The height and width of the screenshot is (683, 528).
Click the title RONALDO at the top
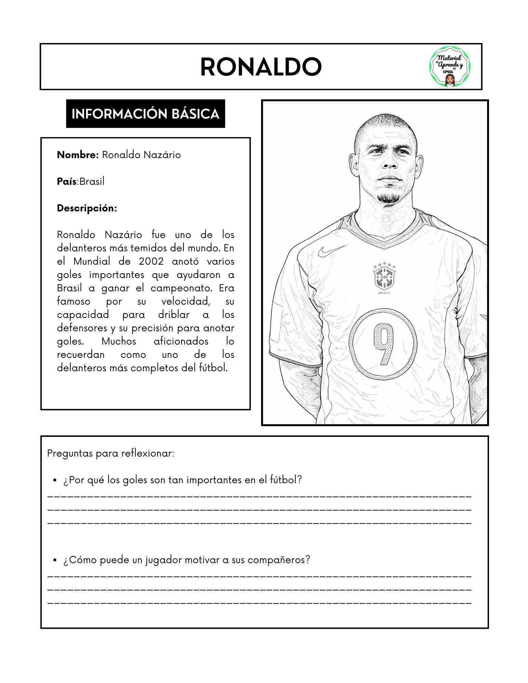(261, 67)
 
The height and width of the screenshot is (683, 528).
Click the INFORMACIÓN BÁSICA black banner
(145, 114)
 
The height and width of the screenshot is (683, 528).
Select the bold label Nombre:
(78, 155)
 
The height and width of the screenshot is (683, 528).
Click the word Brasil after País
(92, 181)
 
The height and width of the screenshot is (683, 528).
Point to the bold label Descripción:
(87, 208)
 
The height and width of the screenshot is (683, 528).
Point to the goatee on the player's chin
(387, 197)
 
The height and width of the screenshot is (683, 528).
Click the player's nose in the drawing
(388, 163)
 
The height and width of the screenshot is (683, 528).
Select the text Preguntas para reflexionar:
(111, 454)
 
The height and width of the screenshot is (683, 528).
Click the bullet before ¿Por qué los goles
(55, 480)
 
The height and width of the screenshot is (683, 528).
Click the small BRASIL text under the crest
(384, 293)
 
